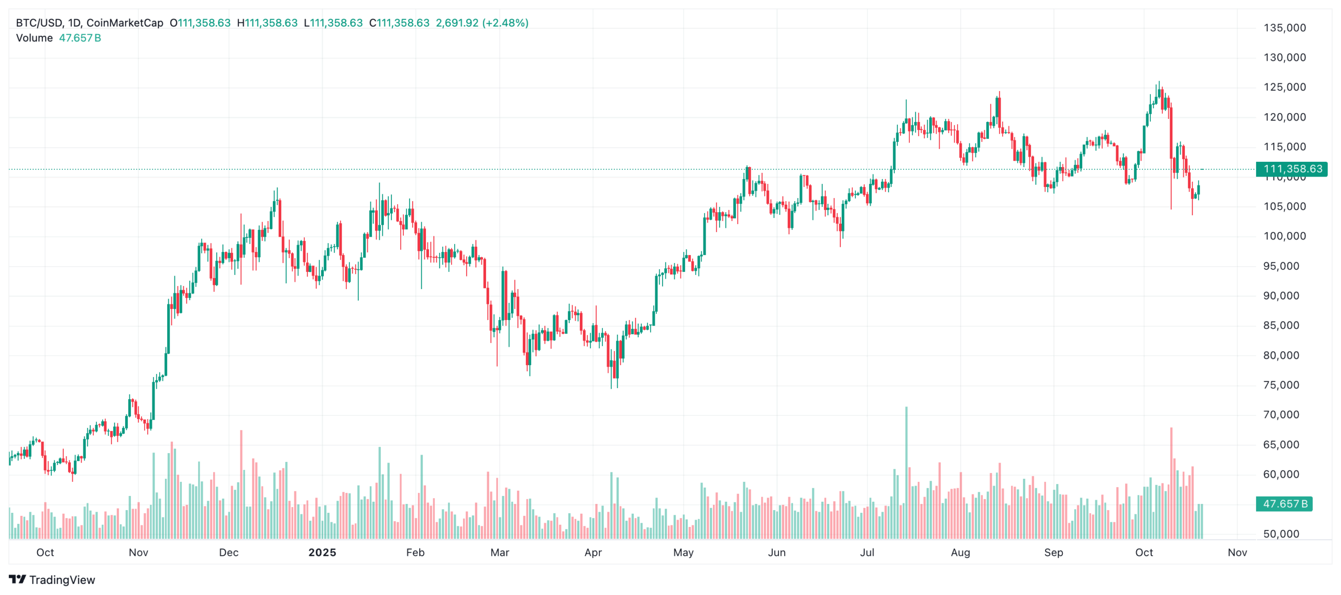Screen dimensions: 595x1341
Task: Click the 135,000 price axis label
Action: (x=1284, y=28)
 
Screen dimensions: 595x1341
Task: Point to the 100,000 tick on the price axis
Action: (x=1284, y=236)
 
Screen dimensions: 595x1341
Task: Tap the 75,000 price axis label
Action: (x=1284, y=385)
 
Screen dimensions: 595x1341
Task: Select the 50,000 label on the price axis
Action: (x=1284, y=534)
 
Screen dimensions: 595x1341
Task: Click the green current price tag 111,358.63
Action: (x=1292, y=169)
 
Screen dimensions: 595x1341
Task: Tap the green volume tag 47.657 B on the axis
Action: (x=1284, y=504)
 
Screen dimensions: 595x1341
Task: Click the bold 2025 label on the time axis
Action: (x=322, y=553)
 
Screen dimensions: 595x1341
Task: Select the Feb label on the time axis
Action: (x=415, y=553)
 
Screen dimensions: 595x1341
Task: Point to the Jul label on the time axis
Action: (x=867, y=553)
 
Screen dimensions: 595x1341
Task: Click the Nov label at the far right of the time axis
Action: (x=1237, y=553)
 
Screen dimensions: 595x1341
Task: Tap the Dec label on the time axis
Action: (x=229, y=553)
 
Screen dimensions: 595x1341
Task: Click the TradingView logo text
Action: (x=62, y=580)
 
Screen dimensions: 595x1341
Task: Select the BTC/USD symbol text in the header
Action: (x=39, y=23)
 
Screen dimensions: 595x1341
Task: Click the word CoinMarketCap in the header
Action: (x=125, y=23)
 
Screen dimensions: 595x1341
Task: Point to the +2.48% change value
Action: (x=505, y=23)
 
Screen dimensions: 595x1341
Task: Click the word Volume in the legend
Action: (x=35, y=38)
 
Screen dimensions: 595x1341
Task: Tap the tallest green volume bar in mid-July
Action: (x=906, y=471)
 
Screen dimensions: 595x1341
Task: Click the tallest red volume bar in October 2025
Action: (x=1171, y=482)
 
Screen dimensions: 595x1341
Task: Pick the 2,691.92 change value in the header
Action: (x=457, y=23)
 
